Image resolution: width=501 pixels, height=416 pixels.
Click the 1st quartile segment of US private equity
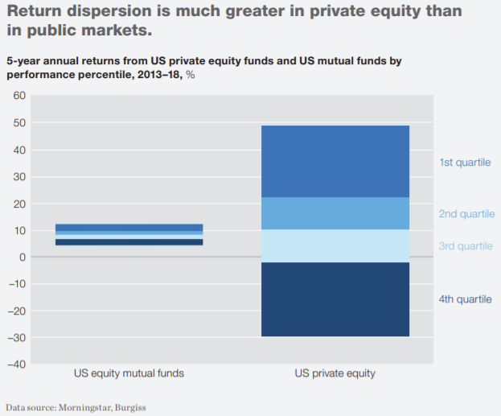335,161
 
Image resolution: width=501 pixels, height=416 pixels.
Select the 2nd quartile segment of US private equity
335,213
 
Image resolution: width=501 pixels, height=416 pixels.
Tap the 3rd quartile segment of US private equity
335,245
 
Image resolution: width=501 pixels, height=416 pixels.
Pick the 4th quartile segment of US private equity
335,299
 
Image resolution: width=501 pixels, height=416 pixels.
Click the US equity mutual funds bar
129,234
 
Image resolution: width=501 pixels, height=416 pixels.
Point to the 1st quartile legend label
464,163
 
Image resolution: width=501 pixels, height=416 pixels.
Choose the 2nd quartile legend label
466,214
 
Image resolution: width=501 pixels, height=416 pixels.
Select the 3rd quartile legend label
466,245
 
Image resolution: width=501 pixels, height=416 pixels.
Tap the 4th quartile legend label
465,299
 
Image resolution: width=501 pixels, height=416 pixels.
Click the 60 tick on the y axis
19,96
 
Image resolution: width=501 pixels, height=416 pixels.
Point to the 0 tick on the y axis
23,257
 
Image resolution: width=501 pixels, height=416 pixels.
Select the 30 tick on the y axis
19,176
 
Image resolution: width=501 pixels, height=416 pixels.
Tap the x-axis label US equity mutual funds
129,373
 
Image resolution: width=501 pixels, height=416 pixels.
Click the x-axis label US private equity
335,373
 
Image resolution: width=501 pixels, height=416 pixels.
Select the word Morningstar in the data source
84,407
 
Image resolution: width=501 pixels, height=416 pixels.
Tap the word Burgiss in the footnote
129,407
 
